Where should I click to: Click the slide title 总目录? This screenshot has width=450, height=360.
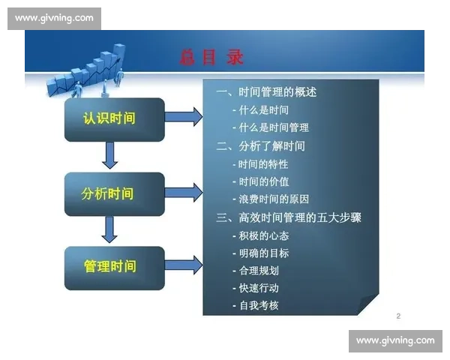coord(212,57)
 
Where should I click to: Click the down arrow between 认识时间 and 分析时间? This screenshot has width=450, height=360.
coord(109,155)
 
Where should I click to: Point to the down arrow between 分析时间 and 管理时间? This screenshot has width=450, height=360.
coord(109,229)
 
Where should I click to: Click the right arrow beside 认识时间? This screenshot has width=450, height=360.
coord(182,116)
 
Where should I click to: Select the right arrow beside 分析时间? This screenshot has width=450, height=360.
coord(182,191)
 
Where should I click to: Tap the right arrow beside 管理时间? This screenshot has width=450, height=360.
coord(182,264)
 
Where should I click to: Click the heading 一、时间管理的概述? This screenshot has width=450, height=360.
coord(266,92)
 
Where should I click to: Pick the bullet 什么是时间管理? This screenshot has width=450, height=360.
coord(271,127)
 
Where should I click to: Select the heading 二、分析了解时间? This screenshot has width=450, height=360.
coord(260,145)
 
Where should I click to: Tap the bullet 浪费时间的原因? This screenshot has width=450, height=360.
coord(271,199)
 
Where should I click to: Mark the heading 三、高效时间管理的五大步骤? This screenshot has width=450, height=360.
coord(289,217)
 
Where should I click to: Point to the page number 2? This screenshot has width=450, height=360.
coord(398,316)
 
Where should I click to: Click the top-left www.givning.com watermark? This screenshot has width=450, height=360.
coord(54,17)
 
